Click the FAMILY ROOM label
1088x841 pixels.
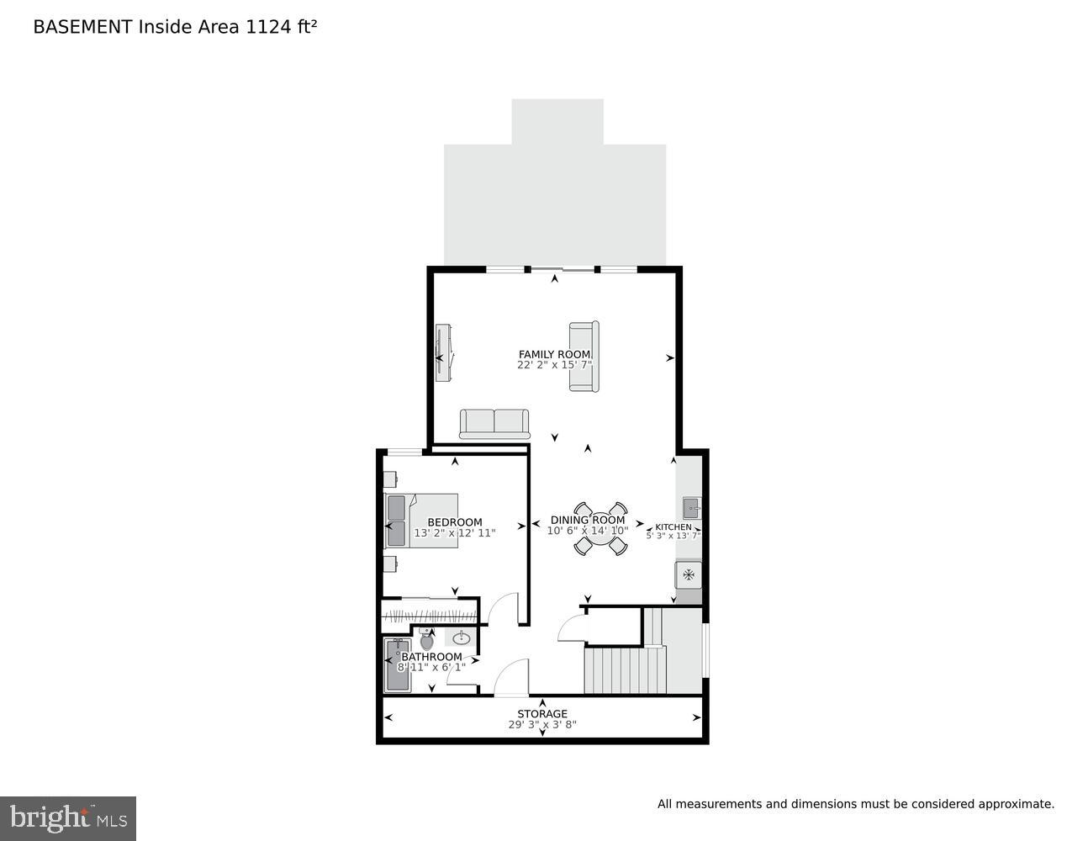(554, 354)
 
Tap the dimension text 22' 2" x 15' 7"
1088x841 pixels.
(554, 365)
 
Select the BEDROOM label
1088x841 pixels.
(455, 522)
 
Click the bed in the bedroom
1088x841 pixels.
(423, 521)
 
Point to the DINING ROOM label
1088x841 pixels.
(588, 520)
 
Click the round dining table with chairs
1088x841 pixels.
(600, 529)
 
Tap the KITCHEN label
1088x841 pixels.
(673, 527)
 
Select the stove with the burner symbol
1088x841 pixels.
(689, 575)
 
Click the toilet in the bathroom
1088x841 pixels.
(426, 641)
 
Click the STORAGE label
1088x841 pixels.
(542, 714)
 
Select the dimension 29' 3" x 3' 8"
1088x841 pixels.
(542, 725)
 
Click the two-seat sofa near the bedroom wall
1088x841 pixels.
(494, 423)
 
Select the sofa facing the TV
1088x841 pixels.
(584, 356)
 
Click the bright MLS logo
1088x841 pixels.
(68, 817)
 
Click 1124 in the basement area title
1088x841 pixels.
(265, 27)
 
